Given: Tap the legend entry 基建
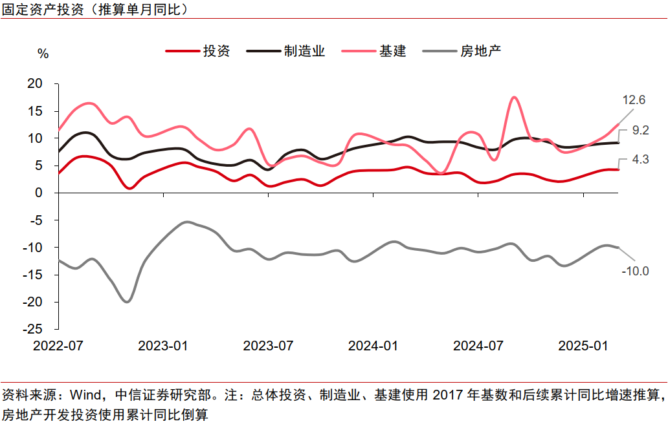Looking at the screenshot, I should [x=392, y=51].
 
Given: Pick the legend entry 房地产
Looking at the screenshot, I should [x=481, y=51].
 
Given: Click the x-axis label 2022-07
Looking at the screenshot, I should [x=58, y=346].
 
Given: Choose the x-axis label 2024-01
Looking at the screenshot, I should [x=373, y=346].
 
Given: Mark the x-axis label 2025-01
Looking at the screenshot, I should [x=583, y=346].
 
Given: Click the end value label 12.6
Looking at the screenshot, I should [x=634, y=100].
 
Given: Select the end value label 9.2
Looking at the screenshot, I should [x=641, y=131].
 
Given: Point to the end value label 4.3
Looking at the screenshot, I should [x=641, y=158].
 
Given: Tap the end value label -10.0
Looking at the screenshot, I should [x=635, y=271].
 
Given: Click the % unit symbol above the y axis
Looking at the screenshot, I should [x=43, y=54].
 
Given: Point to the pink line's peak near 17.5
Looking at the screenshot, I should [x=514, y=97].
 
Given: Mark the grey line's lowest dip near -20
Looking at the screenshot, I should [x=128, y=301].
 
